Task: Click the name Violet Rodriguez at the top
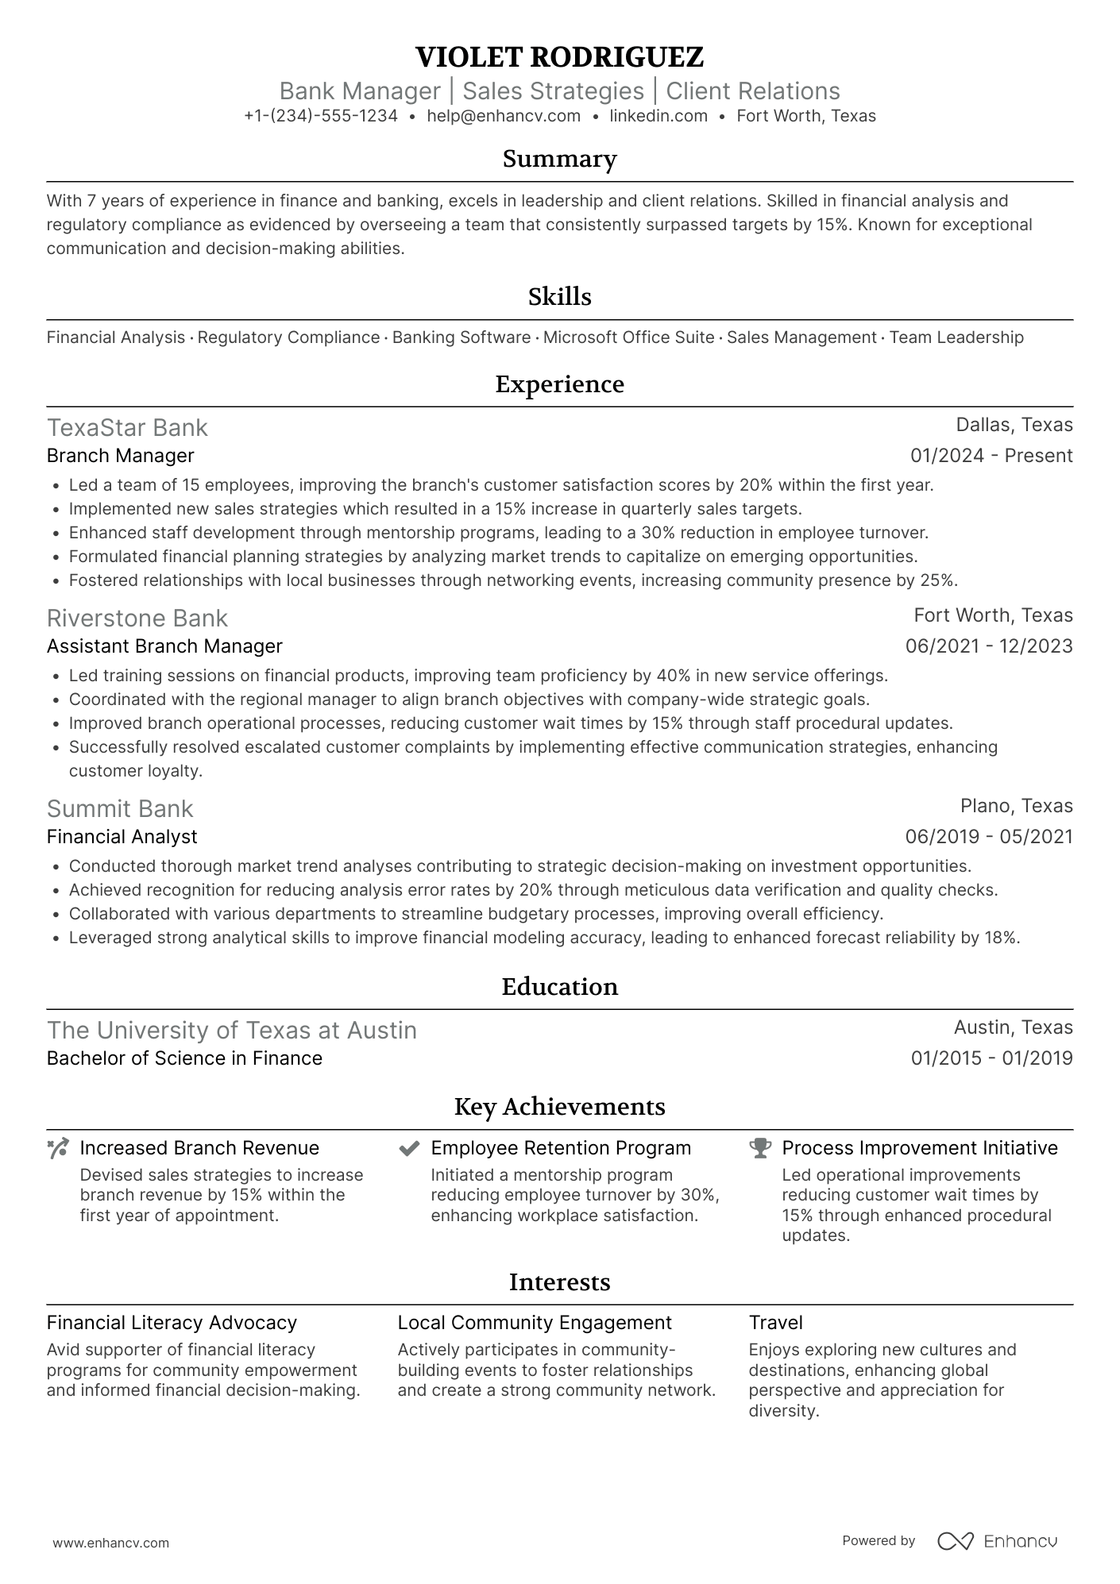[x=559, y=57]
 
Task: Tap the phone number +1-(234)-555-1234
[x=321, y=116]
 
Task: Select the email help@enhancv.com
[x=504, y=116]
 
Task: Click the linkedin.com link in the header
[x=658, y=116]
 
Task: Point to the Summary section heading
[x=559, y=159]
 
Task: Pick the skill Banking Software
[x=462, y=337]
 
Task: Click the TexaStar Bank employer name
[x=127, y=428]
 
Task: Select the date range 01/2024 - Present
[x=991, y=456]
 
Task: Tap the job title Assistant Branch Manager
[x=164, y=646]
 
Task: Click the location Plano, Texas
[x=1016, y=806]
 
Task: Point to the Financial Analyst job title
[x=122, y=837]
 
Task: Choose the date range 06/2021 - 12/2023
[x=989, y=646]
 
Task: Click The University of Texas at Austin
[x=231, y=1031]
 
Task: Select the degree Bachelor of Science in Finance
[x=184, y=1058]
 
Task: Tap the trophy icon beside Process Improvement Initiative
[x=760, y=1148]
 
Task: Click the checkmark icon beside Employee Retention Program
[x=409, y=1148]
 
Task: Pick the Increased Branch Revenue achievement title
[x=199, y=1148]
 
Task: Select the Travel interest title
[x=775, y=1323]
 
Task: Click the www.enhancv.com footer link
[x=111, y=1544]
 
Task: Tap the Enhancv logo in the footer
[x=998, y=1541]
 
